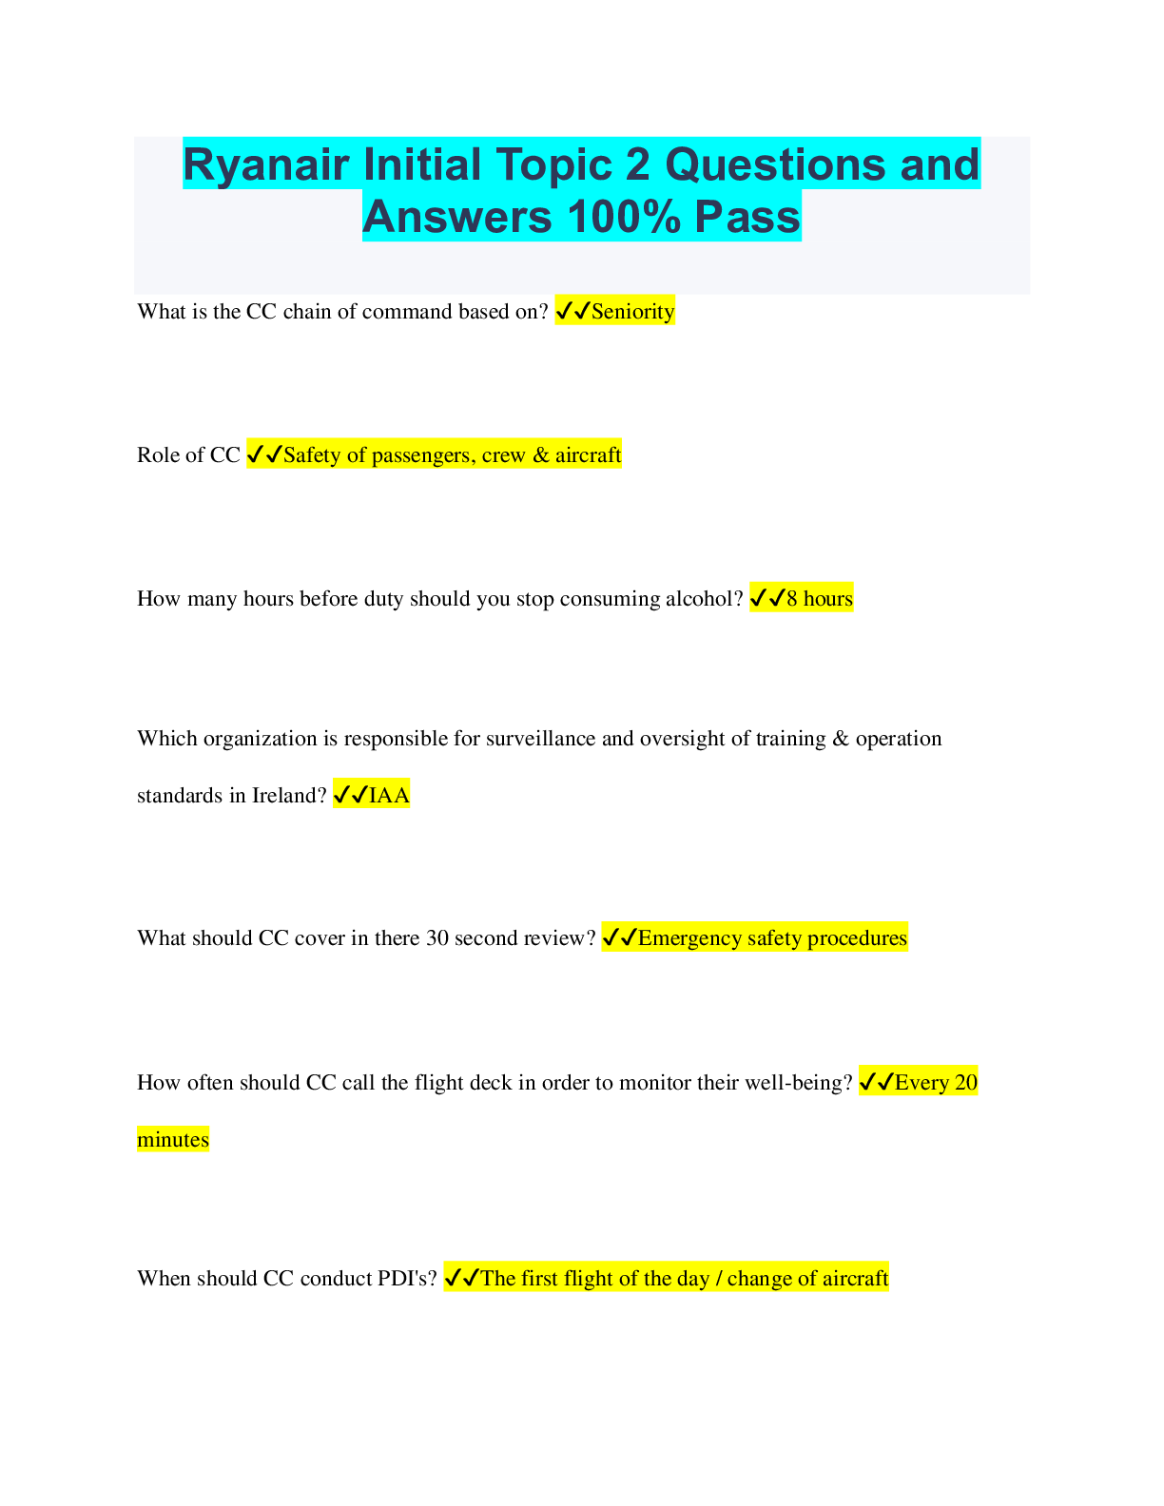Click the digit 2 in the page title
click(x=638, y=164)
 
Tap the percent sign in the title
click(x=660, y=217)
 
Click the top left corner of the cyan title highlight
click(x=183, y=137)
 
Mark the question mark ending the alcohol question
click(x=738, y=597)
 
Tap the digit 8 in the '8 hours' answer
click(x=792, y=597)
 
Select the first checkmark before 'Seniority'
click(x=564, y=311)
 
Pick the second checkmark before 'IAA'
click(x=359, y=795)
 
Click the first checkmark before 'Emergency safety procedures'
click(x=611, y=937)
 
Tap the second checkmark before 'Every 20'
click(x=885, y=1082)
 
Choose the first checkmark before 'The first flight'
click(x=452, y=1278)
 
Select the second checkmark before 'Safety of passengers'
click(x=274, y=454)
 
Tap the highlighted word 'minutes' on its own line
click(x=173, y=1139)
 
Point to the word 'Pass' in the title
click(x=747, y=217)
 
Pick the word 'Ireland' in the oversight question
click(x=288, y=795)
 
